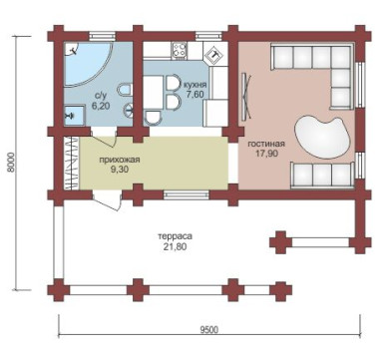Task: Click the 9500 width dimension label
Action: coord(209,330)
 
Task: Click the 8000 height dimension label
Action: coord(11,163)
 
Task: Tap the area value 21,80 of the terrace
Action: coord(175,246)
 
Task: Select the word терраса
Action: coord(175,236)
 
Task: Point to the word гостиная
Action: coord(266,144)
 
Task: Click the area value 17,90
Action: coord(267,154)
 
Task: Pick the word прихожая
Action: coord(120,160)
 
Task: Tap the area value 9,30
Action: coord(120,170)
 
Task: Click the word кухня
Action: coord(195,85)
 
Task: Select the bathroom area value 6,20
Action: coord(100,106)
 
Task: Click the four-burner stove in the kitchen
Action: coord(180,50)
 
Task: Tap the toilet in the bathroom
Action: coord(125,90)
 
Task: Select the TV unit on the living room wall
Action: coord(246,97)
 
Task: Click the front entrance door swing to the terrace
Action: coord(107,200)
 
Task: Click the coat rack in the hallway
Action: coord(72,163)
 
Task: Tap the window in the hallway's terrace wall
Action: coord(187,194)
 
